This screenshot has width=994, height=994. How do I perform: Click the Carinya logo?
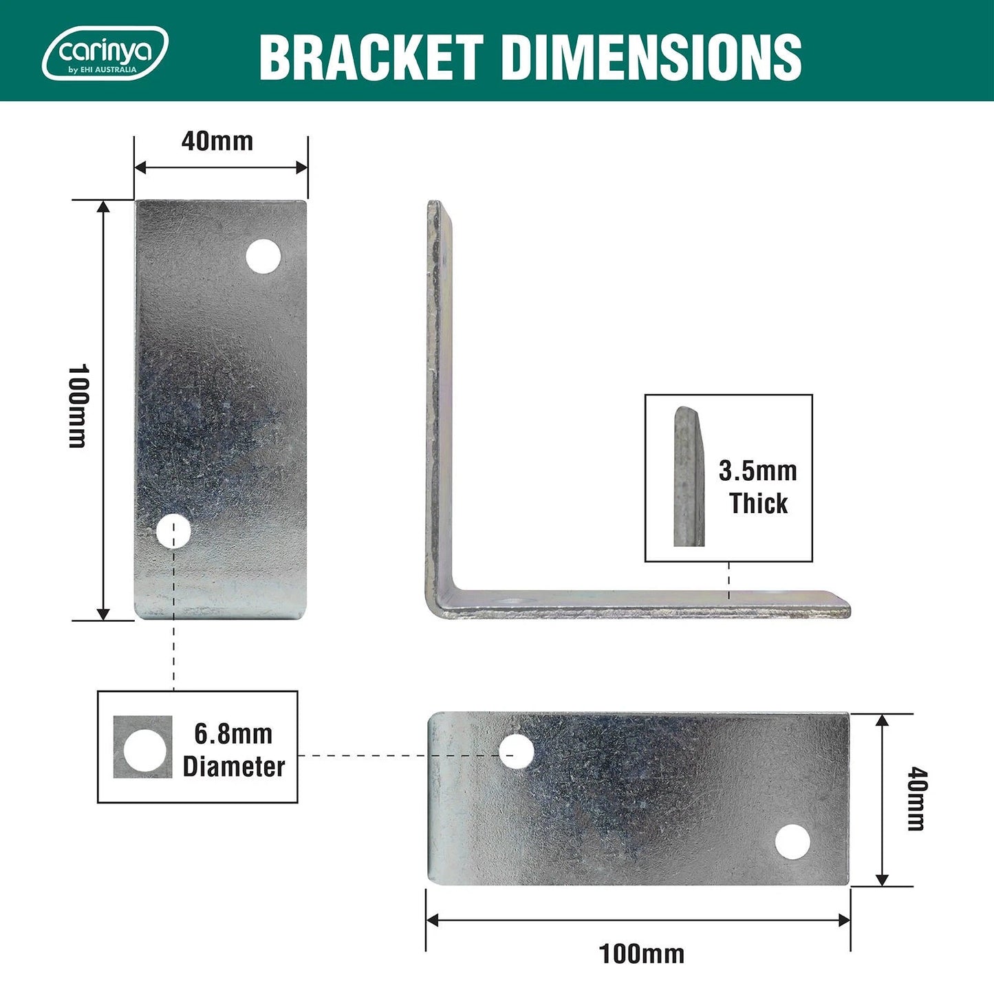point(105,53)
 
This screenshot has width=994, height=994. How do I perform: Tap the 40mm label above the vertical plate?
point(217,141)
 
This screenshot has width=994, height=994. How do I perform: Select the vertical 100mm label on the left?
point(78,406)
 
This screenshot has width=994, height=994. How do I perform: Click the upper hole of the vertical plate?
point(263,257)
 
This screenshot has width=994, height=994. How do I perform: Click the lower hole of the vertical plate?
point(173,531)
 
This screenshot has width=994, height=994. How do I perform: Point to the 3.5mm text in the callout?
point(757,471)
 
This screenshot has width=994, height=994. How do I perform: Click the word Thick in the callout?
point(758,504)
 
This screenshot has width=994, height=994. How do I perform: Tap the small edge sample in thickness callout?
point(689,477)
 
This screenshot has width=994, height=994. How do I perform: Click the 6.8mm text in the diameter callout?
point(233,734)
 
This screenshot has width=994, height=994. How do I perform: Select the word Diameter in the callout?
point(233,766)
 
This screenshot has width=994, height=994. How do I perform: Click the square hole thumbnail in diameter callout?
point(143,748)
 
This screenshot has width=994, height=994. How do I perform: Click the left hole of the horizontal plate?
point(516,751)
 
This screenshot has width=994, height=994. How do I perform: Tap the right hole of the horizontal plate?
point(792,841)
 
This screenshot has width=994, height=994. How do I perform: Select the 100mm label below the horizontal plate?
point(641,954)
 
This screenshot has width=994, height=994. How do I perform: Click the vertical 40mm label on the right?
point(916,800)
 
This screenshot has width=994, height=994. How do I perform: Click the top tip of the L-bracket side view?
point(435,204)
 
